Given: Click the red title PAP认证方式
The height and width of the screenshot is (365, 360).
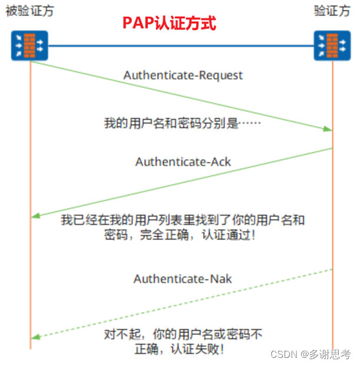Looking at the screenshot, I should click(169, 24).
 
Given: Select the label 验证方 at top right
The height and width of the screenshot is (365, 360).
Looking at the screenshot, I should click(331, 11).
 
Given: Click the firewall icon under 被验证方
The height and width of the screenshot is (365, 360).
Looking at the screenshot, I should click(29, 45).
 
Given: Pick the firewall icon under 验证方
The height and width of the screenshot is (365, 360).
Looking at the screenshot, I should click(332, 45).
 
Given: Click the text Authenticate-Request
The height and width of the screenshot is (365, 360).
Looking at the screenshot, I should click(183, 75).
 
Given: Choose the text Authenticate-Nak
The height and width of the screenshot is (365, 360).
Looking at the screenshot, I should click(183, 279).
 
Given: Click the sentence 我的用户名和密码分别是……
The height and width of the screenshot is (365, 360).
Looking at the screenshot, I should click(182, 124).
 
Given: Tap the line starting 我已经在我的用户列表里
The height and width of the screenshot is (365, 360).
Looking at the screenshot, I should click(183, 221).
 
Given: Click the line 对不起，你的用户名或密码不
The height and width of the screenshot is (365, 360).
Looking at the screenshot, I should click(183, 335).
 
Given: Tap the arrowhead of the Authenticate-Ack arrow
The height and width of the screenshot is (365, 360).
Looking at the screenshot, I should click(35, 216).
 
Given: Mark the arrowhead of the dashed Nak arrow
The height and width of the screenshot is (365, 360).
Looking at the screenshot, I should click(35, 337).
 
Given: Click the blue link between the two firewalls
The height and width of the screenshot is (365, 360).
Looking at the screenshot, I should click(180, 45).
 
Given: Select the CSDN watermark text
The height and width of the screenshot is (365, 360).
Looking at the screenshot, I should click(282, 354).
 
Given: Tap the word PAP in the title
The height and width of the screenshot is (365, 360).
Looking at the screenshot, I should click(135, 24).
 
